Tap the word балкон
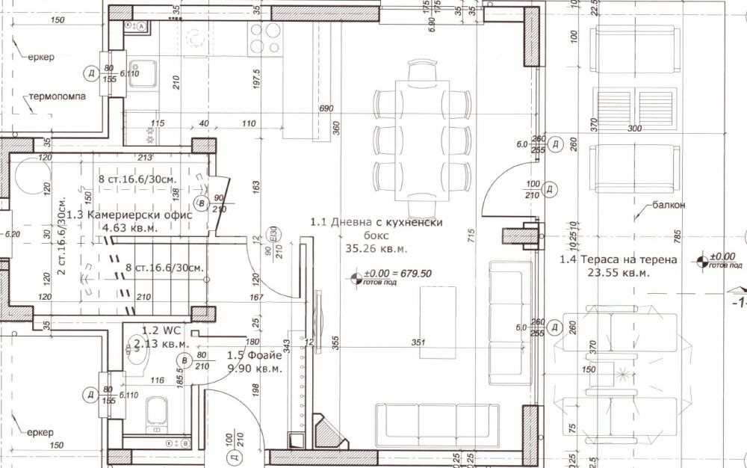coord(669,203)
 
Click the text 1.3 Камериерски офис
coord(129,215)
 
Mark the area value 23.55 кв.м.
coord(619,273)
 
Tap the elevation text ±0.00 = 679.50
coord(397,274)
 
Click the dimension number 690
coord(325,109)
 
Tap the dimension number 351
coord(418,343)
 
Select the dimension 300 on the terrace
coord(635,129)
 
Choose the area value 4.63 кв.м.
coord(130,228)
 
